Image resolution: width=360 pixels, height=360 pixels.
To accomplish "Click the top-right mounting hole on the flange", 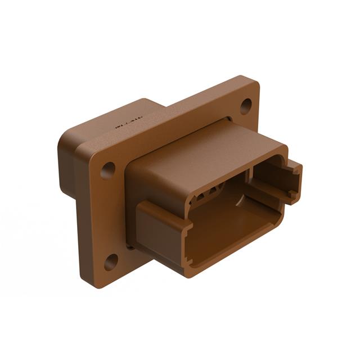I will pos(246,105).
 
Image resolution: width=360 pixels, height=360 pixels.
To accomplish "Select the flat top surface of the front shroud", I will pos(202,149).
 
